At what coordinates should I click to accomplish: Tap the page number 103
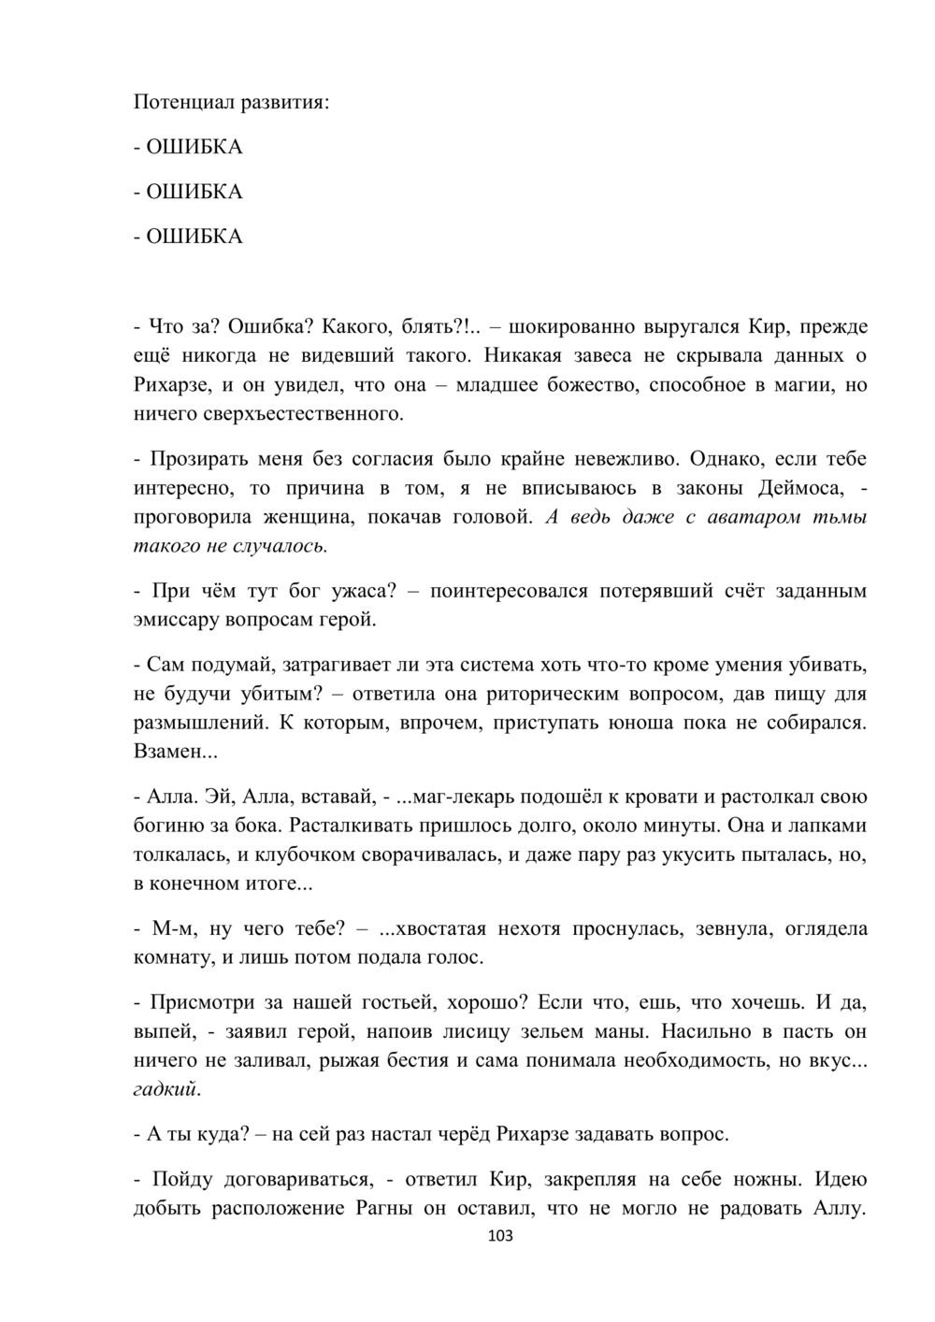point(501,1236)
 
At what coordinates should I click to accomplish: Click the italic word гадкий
point(166,1089)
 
